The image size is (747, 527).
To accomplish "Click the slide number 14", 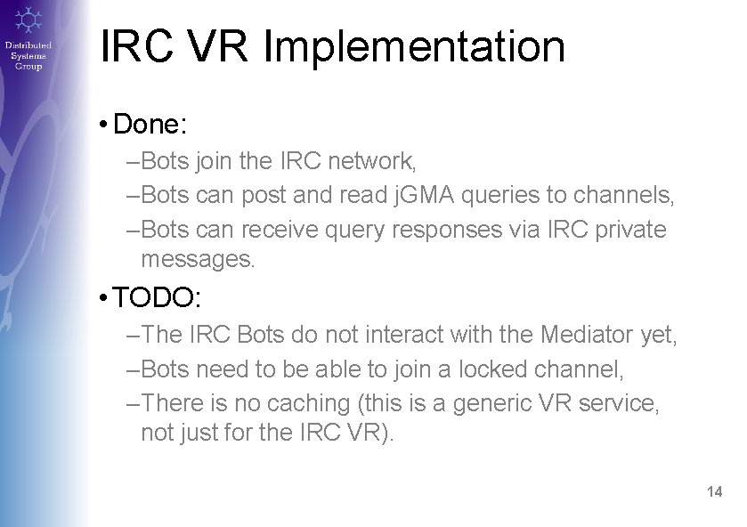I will coord(714,491).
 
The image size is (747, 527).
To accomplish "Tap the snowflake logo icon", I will coord(28,19).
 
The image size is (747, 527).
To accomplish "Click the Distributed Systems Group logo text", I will coord(28,55).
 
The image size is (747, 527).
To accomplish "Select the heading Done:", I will coord(150,124).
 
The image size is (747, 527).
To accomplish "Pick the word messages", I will coord(198,260).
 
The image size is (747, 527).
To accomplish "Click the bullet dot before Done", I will coord(105,125).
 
